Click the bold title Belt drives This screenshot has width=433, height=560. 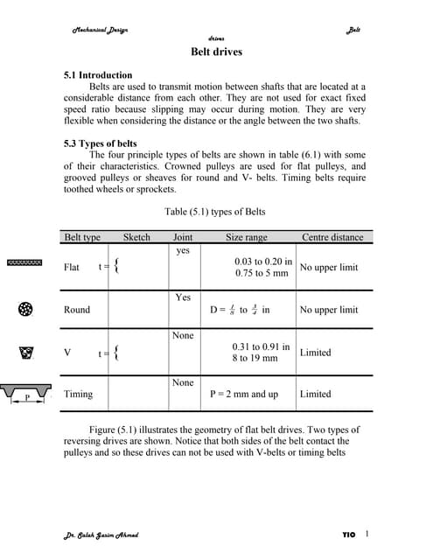point(216,52)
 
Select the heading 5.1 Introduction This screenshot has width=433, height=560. point(98,75)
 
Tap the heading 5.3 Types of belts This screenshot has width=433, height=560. point(100,143)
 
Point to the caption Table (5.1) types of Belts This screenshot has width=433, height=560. point(214,211)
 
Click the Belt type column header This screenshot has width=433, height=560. point(83,237)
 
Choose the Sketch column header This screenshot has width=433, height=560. point(136,237)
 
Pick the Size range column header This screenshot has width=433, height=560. point(247,237)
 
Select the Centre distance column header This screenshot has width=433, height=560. point(332,237)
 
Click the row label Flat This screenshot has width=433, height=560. point(72,267)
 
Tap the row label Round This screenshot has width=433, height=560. point(77,310)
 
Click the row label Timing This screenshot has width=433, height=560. point(78,394)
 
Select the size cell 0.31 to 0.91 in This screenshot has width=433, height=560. point(262,346)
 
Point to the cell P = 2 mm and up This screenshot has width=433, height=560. point(244,394)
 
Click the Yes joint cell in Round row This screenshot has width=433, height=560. point(182,297)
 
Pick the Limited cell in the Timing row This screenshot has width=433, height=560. point(315,394)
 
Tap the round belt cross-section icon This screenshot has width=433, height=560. point(24,310)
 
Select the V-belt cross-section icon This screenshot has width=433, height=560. point(24,353)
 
